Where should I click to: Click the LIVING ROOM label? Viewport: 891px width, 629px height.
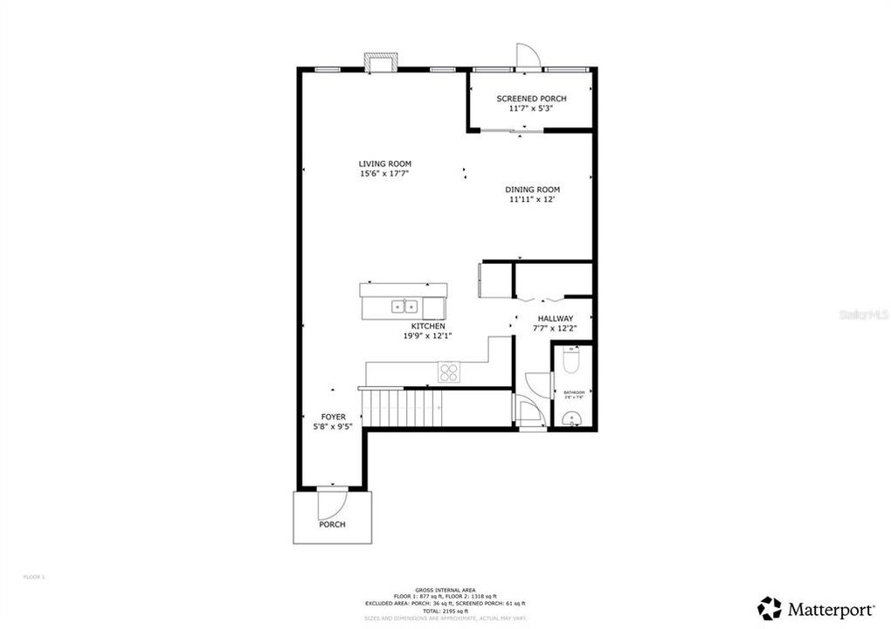(384, 163)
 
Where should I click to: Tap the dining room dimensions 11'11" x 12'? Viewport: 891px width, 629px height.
(532, 199)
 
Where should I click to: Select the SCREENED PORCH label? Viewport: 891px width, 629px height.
(531, 99)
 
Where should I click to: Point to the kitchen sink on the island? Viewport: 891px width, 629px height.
(404, 306)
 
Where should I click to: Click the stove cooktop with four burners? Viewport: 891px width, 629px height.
(449, 372)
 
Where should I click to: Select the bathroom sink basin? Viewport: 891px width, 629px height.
(573, 420)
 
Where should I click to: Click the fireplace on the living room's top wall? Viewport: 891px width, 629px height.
(381, 64)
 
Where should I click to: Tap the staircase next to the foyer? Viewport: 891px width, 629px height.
(403, 407)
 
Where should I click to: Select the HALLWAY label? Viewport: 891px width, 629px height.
(555, 319)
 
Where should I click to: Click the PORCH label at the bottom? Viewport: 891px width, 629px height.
(332, 524)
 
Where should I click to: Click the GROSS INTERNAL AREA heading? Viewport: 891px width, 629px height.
(445, 588)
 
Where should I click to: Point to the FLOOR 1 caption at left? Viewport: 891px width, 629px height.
(33, 577)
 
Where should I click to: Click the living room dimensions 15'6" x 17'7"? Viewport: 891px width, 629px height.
(384, 174)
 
